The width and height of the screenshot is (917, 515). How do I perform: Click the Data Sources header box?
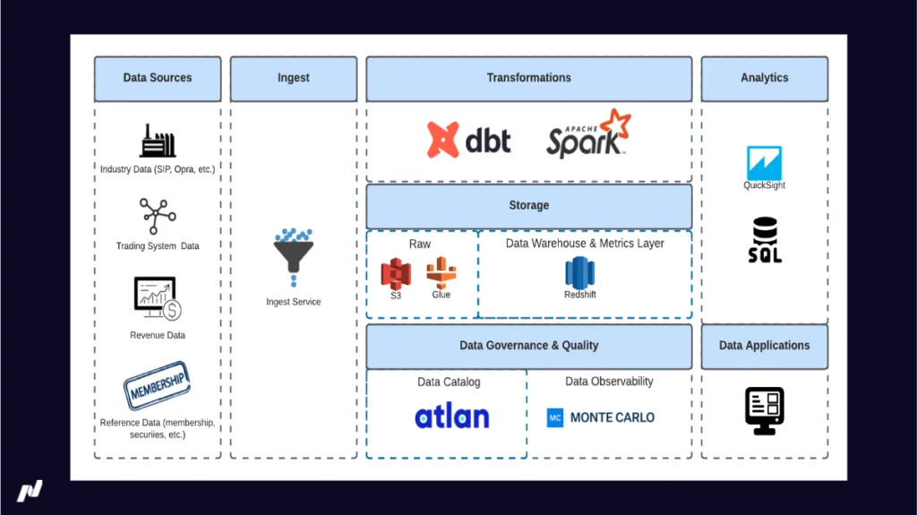pyautogui.click(x=158, y=79)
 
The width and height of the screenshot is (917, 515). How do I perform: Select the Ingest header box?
pyautogui.click(x=293, y=79)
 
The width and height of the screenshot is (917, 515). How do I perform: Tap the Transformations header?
pyautogui.click(x=528, y=79)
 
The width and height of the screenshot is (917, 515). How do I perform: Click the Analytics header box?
pyautogui.click(x=764, y=79)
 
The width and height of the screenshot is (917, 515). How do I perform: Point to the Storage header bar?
pyautogui.click(x=528, y=206)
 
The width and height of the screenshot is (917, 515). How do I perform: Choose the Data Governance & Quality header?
pyautogui.click(x=528, y=346)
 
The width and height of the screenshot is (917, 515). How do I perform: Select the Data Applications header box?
pyautogui.click(x=764, y=346)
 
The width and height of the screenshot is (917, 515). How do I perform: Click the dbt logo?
pyautogui.click(x=469, y=140)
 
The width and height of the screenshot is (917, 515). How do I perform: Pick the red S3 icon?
pyautogui.click(x=395, y=272)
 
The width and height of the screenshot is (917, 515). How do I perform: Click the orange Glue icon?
pyautogui.click(x=441, y=271)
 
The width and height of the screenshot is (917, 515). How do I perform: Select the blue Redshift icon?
pyautogui.click(x=579, y=272)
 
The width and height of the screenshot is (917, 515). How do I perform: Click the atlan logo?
pyautogui.click(x=452, y=416)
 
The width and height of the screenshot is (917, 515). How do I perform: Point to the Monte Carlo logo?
pyautogui.click(x=600, y=417)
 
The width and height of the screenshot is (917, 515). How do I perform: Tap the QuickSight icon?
pyautogui.click(x=764, y=163)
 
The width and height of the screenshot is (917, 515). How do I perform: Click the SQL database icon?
pyautogui.click(x=765, y=239)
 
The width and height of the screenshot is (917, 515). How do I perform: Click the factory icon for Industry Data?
pyautogui.click(x=158, y=142)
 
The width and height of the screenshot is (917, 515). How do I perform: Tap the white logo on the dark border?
pyautogui.click(x=30, y=491)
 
